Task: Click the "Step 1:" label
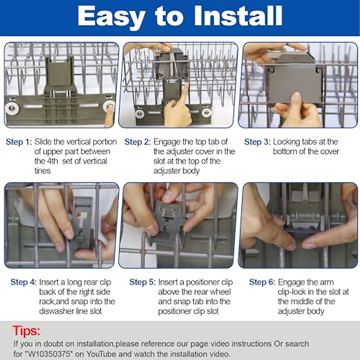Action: tap(19, 142)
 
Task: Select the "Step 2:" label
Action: tap(138, 142)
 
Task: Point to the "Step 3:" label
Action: tap(257, 142)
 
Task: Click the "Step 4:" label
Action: tap(23, 282)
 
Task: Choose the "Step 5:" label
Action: tap(142, 282)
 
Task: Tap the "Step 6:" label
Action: tap(262, 282)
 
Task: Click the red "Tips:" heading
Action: tap(26, 331)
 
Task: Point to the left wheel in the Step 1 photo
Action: tap(12, 108)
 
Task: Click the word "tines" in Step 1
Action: tap(43, 171)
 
